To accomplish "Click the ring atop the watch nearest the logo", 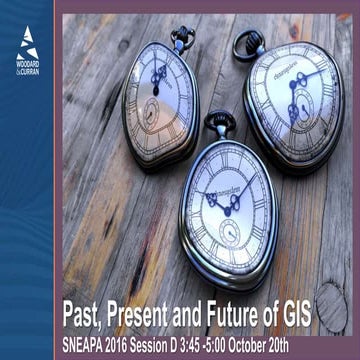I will [x=182, y=37].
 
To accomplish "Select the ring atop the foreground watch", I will [x=220, y=122].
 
